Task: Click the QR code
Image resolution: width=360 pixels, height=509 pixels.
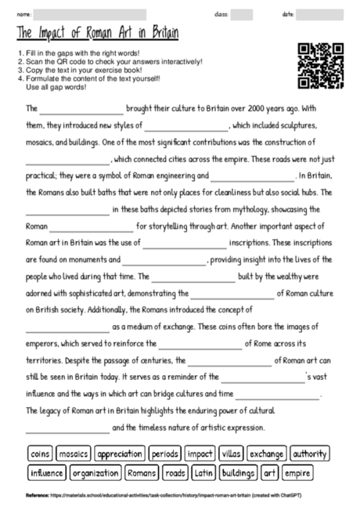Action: pos(321,66)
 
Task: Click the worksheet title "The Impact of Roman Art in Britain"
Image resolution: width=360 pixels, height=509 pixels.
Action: pos(97,35)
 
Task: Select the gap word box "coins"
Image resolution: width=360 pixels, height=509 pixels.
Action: pos(39,453)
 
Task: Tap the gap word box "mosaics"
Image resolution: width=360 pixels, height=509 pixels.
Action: pos(74,453)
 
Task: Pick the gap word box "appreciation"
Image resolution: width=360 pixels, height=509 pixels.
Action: pos(121,453)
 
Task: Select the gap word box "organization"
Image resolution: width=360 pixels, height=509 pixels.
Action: pos(95,473)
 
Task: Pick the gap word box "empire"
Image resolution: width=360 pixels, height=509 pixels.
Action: pos(297,473)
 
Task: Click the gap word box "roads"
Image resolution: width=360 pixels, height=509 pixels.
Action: pos(176,473)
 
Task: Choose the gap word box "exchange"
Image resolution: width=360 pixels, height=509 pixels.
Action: pos(267,453)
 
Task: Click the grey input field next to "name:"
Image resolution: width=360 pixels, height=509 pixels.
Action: pos(90,14)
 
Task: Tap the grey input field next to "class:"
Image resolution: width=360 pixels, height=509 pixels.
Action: pos(241,14)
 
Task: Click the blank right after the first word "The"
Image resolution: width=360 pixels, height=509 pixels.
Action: pos(82,110)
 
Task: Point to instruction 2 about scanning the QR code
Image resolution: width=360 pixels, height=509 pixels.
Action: pos(110,61)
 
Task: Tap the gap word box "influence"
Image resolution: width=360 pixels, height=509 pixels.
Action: pos(47,473)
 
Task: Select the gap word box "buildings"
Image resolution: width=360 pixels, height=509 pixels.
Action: pos(238,473)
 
